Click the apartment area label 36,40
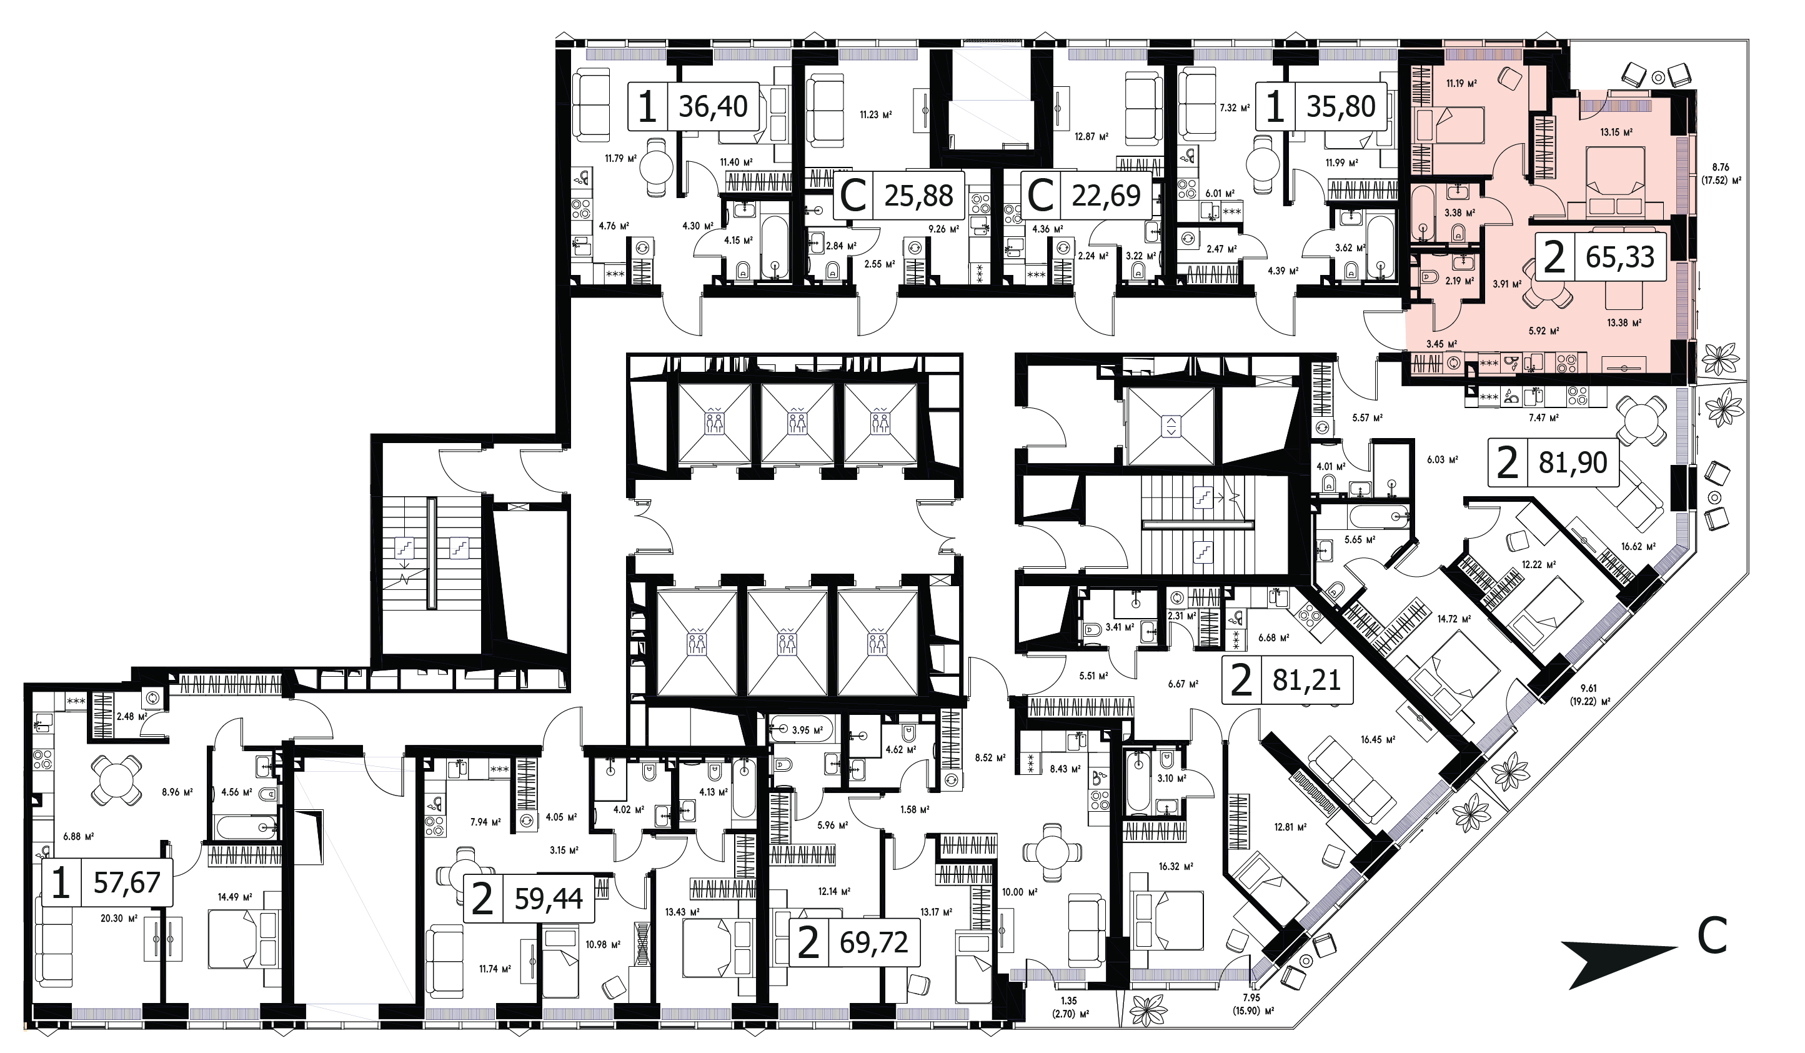coord(713,106)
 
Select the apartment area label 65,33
coord(1619,256)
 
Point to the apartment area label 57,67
coord(127,882)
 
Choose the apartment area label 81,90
coord(1573,462)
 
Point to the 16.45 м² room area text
coord(1376,740)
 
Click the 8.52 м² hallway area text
coord(991,757)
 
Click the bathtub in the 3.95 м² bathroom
coord(801,729)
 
